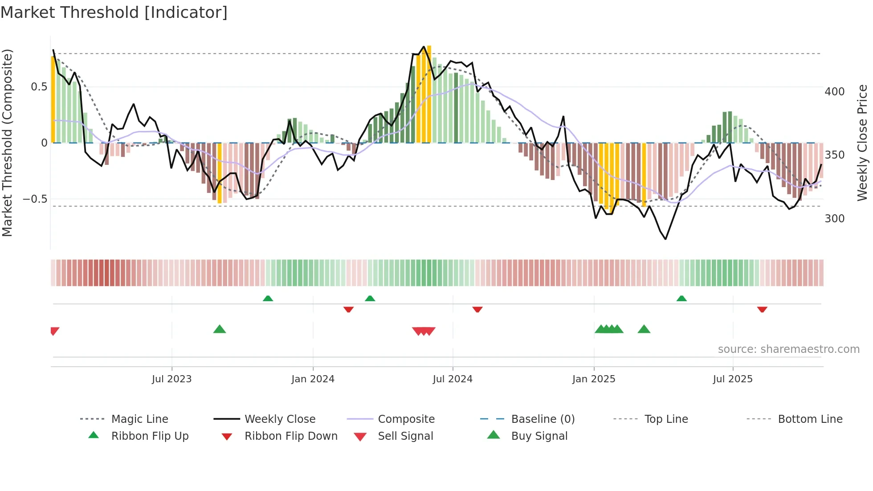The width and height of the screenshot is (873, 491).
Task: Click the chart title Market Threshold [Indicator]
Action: pos(114,12)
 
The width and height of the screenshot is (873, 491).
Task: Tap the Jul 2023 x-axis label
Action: pos(171,379)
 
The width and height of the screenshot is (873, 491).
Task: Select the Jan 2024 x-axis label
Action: pos(313,379)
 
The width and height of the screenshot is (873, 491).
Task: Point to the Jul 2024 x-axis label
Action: pos(453,379)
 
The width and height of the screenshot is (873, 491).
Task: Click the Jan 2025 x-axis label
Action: pos(594,379)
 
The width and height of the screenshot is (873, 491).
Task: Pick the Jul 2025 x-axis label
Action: pos(733,379)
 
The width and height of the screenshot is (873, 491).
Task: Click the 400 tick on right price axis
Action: pos(834,92)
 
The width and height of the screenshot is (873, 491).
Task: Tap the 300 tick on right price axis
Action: pos(834,219)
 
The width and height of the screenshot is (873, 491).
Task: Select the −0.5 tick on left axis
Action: pos(35,199)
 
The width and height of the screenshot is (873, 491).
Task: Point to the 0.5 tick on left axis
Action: pos(39,87)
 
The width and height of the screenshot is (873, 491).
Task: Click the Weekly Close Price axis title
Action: pos(862,143)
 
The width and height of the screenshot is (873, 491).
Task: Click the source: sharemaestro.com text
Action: pos(788,349)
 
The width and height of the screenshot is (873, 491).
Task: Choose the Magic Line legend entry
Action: pos(139,419)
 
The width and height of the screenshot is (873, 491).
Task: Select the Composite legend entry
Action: pos(406,419)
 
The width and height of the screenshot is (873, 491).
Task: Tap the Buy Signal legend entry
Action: pos(539,436)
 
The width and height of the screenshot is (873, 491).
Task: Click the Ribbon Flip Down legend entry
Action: pos(291,436)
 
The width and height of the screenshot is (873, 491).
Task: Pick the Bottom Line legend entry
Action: pos(810,419)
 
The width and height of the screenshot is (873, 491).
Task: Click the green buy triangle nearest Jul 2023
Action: pos(220,330)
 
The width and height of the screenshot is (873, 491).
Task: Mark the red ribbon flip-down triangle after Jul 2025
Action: pos(762,309)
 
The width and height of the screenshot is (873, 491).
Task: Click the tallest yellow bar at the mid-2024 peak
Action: pos(429,94)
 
